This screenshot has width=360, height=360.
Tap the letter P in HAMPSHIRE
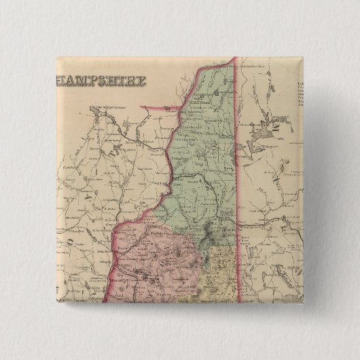(89, 80)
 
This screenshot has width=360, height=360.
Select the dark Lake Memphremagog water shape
(102, 119)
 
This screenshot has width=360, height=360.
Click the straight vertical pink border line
(235, 170)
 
